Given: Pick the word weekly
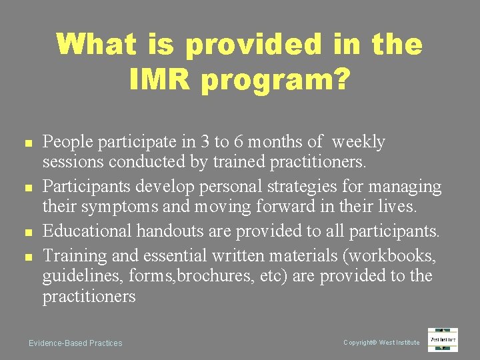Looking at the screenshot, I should (x=358, y=142).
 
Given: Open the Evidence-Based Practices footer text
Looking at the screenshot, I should (x=75, y=343).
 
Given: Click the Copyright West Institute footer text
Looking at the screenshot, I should (x=381, y=343).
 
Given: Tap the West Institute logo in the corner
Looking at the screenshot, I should (x=443, y=339).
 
